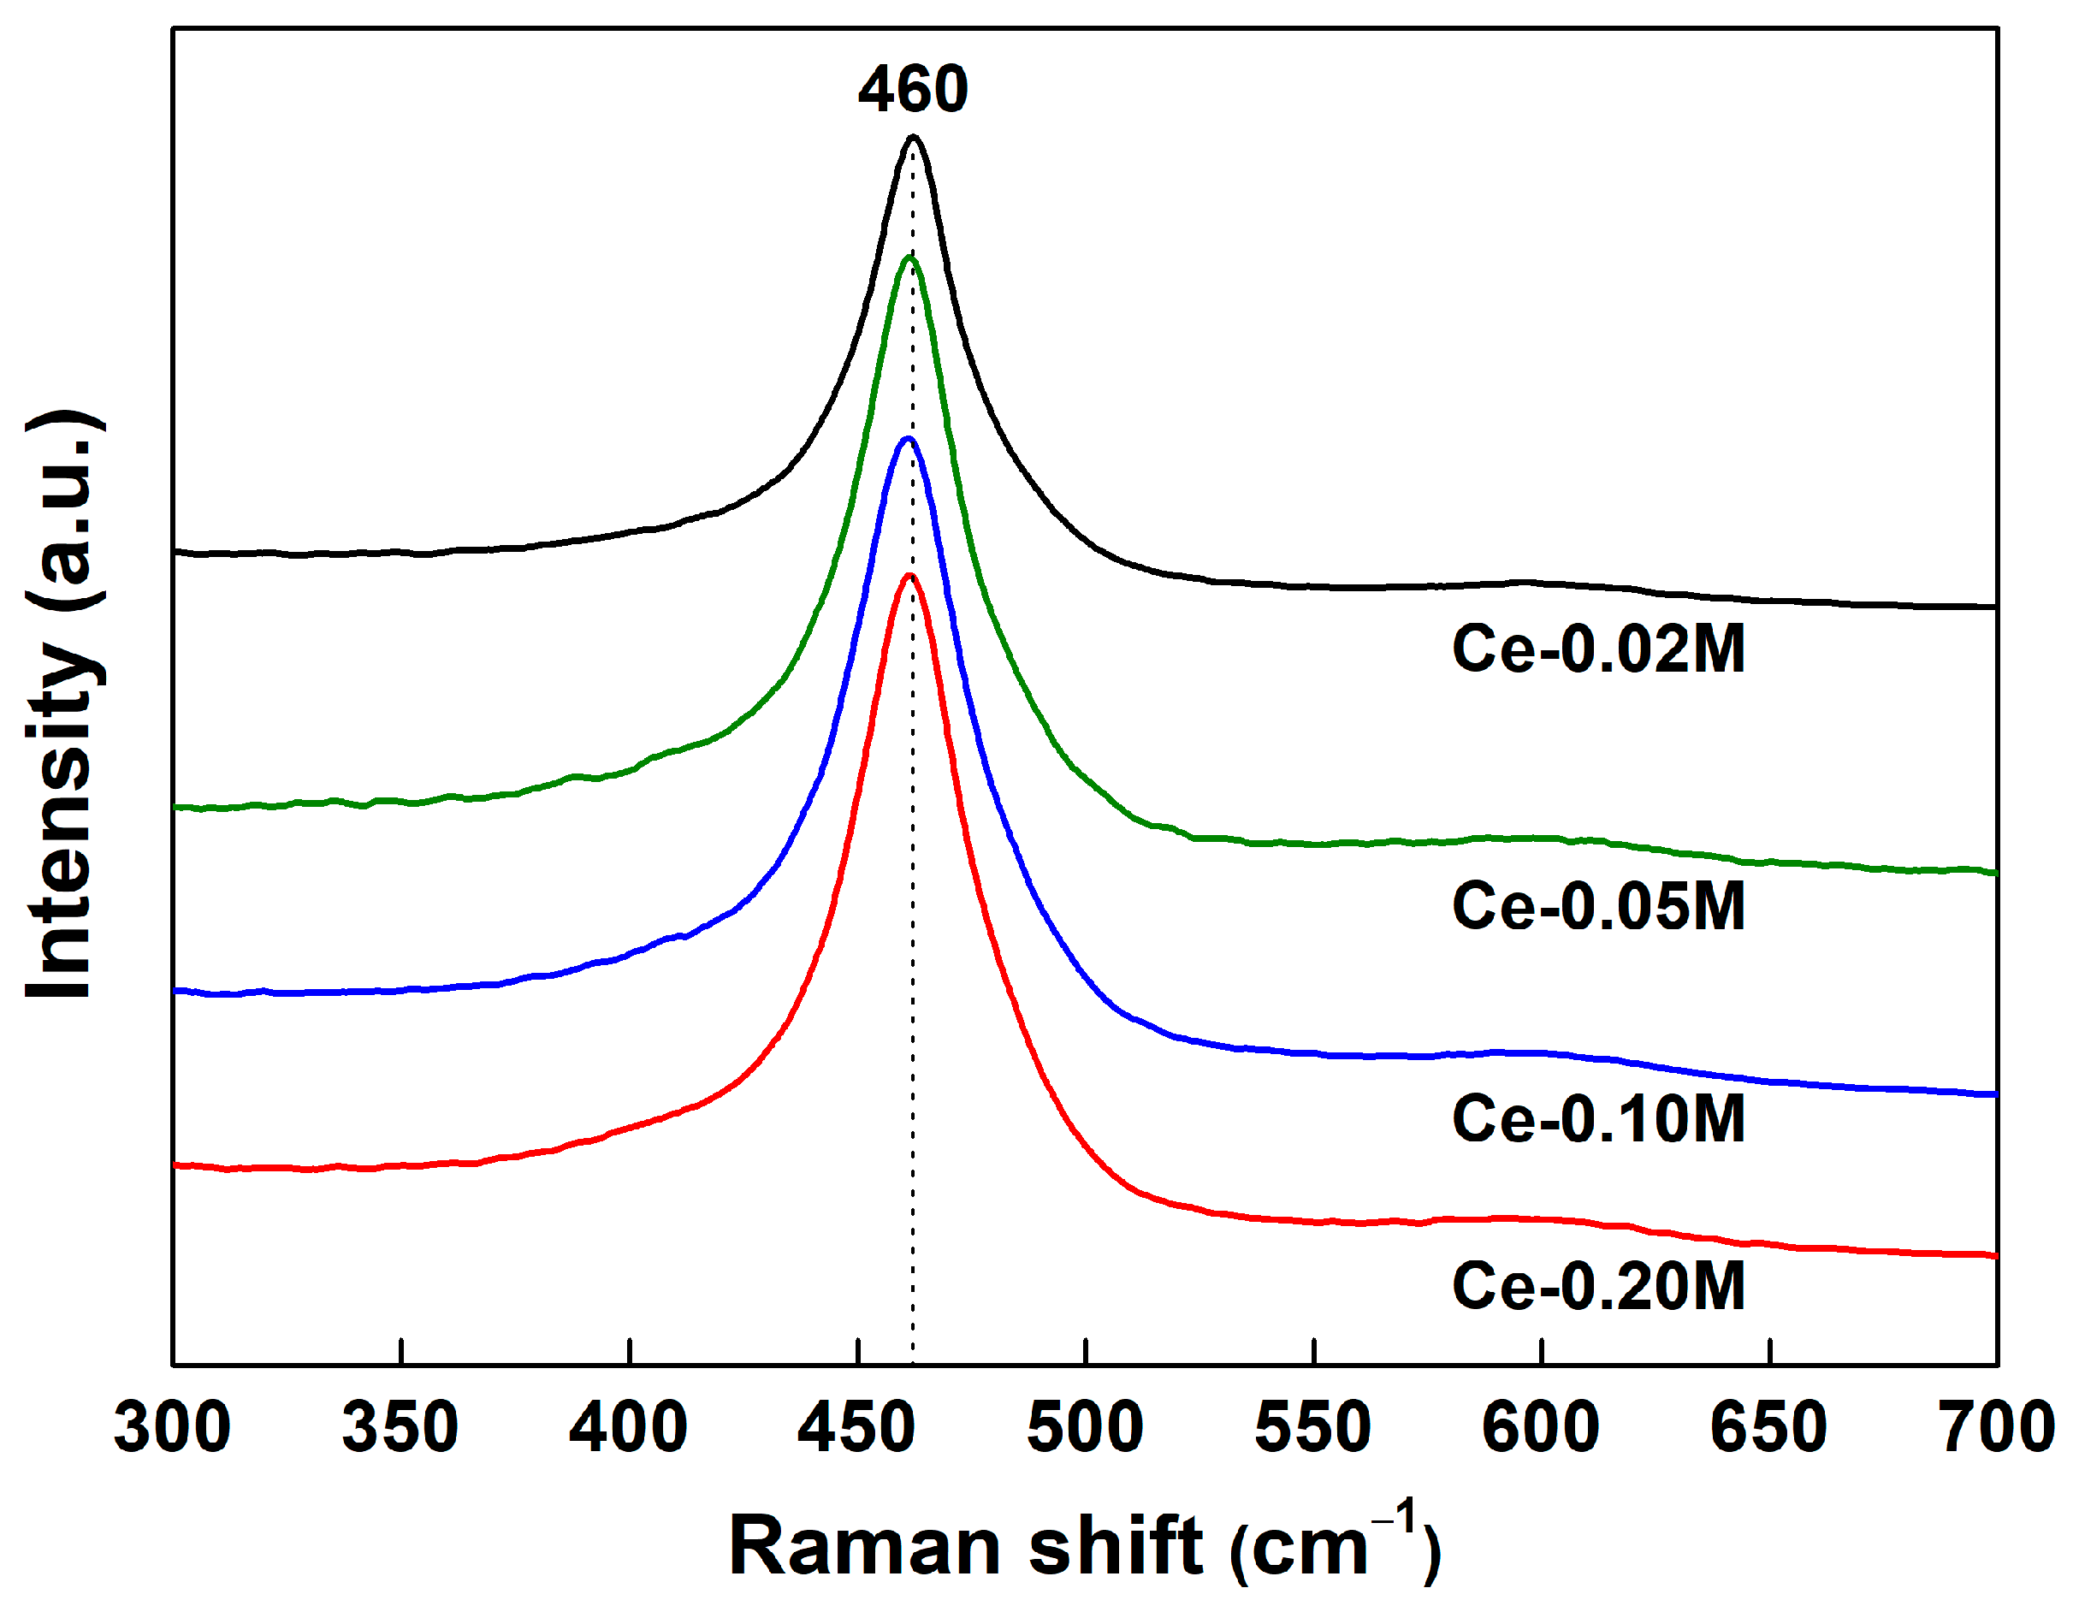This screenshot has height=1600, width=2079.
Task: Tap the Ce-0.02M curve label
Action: pyautogui.click(x=1598, y=650)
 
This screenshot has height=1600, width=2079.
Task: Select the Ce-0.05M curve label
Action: pyautogui.click(x=1598, y=906)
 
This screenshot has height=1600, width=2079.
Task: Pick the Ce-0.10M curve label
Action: pyautogui.click(x=1598, y=1118)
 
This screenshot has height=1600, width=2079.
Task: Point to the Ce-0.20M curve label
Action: pyautogui.click(x=1598, y=1287)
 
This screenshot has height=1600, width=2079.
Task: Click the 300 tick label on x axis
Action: pyautogui.click(x=172, y=1428)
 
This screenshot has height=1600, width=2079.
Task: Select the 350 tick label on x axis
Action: pyautogui.click(x=400, y=1428)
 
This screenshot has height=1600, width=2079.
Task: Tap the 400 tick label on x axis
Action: pyautogui.click(x=628, y=1428)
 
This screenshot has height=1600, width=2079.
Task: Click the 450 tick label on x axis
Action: pyautogui.click(x=856, y=1428)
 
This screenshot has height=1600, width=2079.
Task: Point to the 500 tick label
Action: pyautogui.click(x=1085, y=1428)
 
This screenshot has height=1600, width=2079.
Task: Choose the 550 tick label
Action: pyautogui.click(x=1312, y=1428)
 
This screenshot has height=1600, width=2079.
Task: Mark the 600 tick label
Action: pyautogui.click(x=1541, y=1428)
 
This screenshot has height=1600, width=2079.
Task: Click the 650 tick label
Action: pyautogui.click(x=1768, y=1428)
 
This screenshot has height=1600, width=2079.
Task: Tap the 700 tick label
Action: pyautogui.click(x=1997, y=1428)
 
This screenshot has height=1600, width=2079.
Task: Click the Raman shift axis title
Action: pyautogui.click(x=1084, y=1547)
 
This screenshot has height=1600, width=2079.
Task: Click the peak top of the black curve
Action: pyautogui.click(x=914, y=137)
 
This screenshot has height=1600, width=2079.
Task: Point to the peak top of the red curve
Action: pyautogui.click(x=910, y=576)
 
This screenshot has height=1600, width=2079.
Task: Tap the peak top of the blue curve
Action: pyautogui.click(x=908, y=439)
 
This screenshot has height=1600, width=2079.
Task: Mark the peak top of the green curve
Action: pyautogui.click(x=910, y=257)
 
